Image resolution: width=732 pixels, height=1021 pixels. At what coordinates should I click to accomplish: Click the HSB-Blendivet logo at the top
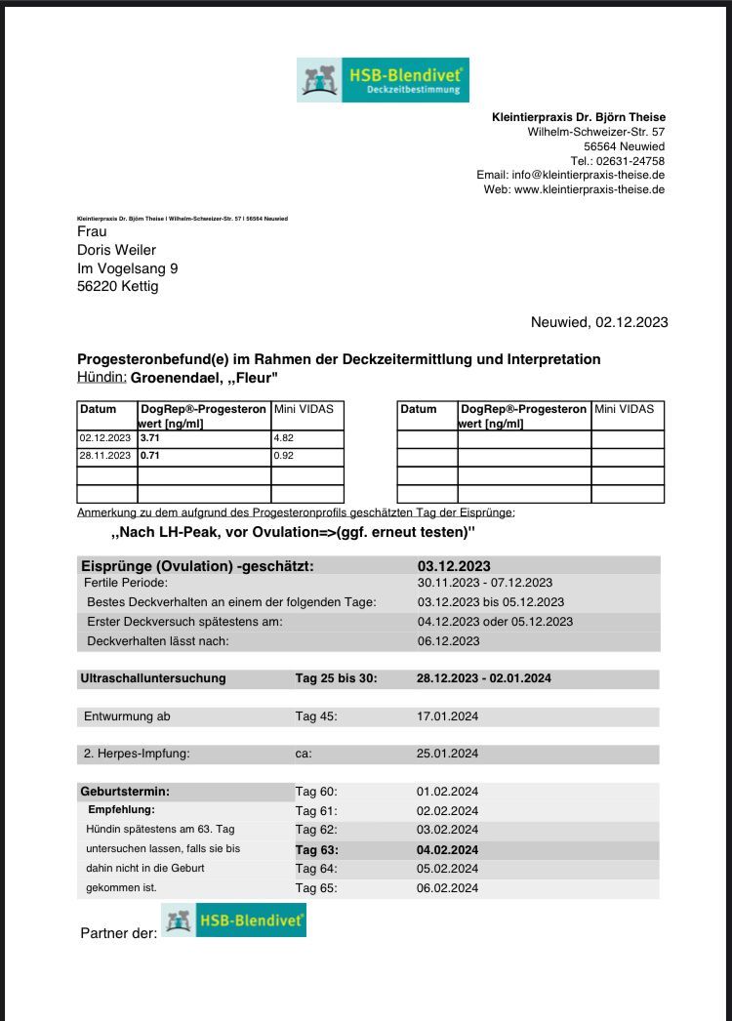[383, 79]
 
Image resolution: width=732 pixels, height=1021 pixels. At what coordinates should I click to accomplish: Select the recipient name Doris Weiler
[116, 250]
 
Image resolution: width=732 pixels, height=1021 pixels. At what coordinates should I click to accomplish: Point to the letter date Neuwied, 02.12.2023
[598, 322]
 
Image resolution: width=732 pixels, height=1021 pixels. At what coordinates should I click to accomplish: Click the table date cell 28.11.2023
[104, 456]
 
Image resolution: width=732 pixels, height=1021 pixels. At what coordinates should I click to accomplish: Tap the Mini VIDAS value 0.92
[286, 456]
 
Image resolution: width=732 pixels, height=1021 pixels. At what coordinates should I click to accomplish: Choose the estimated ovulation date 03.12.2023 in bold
[454, 566]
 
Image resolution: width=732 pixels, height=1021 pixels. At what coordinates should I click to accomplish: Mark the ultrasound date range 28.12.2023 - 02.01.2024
[483, 678]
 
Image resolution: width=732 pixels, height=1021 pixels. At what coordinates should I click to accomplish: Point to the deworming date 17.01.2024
[448, 716]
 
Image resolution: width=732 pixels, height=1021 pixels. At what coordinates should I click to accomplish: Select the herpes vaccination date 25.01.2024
[448, 754]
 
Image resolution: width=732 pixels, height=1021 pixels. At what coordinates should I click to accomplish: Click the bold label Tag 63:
[316, 850]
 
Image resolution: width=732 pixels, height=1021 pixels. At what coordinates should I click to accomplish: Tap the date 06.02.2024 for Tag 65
[448, 888]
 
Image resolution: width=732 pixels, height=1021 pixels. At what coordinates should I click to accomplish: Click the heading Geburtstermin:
[124, 792]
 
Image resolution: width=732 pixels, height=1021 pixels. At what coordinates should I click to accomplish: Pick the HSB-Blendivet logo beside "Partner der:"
[234, 920]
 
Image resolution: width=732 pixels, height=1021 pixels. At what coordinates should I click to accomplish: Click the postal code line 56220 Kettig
[117, 287]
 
